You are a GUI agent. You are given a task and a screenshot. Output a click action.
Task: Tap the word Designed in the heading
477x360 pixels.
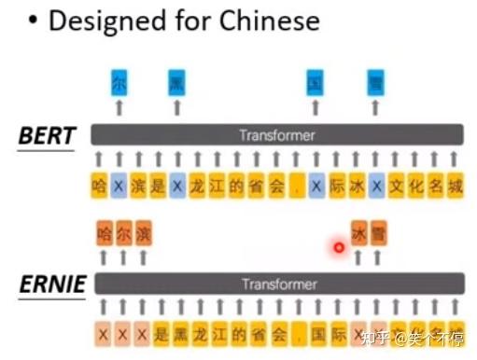pyautogui.click(x=102, y=21)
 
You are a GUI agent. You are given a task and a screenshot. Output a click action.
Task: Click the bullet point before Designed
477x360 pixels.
pyautogui.click(x=32, y=21)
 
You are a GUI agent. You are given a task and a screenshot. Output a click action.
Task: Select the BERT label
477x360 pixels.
pyautogui.click(x=47, y=136)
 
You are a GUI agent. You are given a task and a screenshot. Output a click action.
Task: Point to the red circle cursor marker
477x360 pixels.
pyautogui.click(x=339, y=247)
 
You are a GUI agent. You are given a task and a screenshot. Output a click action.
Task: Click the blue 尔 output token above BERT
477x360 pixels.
pyautogui.click(x=119, y=83)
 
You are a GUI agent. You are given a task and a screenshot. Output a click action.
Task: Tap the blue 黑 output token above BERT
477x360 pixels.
pyautogui.click(x=176, y=83)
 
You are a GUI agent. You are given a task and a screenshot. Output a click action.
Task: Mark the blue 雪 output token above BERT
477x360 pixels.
pyautogui.click(x=375, y=83)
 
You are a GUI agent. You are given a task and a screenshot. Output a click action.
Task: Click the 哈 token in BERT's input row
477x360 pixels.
pyautogui.click(x=99, y=186)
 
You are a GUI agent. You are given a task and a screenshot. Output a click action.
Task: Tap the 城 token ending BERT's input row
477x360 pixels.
pyautogui.click(x=454, y=186)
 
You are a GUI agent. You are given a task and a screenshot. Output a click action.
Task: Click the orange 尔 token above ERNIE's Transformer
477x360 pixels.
pyautogui.click(x=122, y=232)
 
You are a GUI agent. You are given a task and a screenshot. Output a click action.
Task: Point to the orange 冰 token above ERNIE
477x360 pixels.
pyautogui.click(x=358, y=232)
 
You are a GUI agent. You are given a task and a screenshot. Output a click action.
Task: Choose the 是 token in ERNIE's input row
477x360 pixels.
pyautogui.click(x=159, y=332)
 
